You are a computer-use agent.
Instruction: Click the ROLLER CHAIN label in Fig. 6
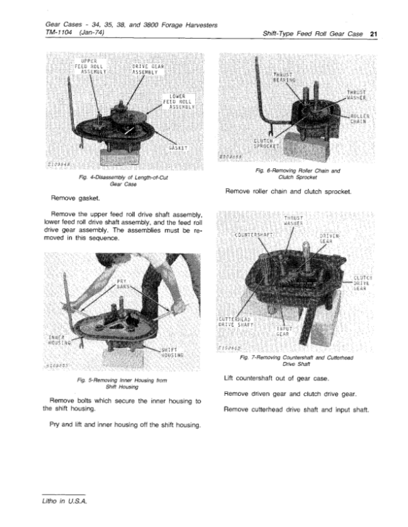(x=360, y=118)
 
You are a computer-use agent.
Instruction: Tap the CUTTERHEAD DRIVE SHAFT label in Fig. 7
(x=237, y=322)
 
